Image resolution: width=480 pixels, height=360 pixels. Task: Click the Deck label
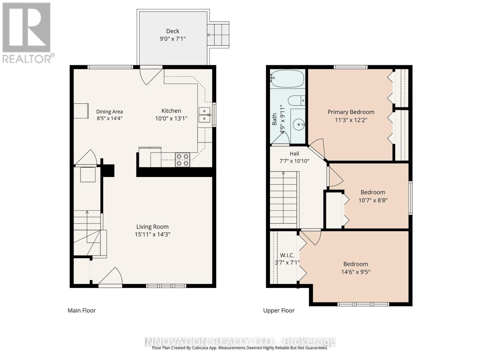pos(172,31)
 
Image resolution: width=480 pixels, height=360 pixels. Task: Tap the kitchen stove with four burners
pos(182,160)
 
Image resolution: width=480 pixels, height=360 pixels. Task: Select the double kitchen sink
pos(204,115)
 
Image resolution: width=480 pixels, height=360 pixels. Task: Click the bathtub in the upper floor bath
pos(287,79)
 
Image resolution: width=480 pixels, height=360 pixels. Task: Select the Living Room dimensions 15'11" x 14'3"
pos(152,234)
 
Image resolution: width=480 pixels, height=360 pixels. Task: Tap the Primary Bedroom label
pos(351,112)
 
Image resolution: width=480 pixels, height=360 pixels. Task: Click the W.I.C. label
pos(287,255)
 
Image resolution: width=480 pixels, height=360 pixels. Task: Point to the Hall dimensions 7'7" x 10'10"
pos(294,161)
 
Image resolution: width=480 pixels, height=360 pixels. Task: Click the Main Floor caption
pos(82,310)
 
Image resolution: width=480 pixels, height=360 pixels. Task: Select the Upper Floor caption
pos(279,310)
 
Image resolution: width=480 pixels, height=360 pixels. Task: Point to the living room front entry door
pos(110,277)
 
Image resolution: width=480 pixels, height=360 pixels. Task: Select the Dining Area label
pos(109,112)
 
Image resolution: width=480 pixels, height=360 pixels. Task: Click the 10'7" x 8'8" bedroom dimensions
pos(373,200)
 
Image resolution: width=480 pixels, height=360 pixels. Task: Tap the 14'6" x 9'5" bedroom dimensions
pos(355,272)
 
